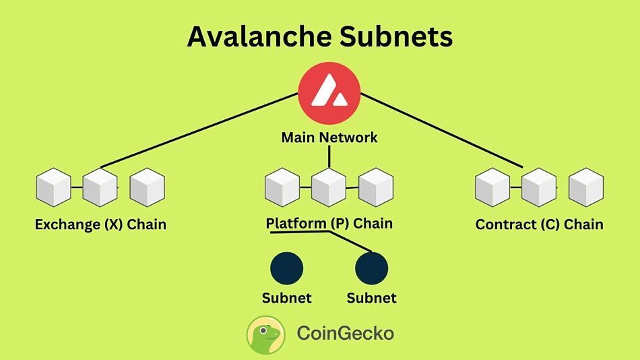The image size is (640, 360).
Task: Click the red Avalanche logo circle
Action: point(329,93)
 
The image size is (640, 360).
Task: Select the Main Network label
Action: point(329,138)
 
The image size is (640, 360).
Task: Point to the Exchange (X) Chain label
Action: point(100,224)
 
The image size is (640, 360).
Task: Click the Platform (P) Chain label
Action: point(329,223)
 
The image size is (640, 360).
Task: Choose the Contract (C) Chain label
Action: point(539,224)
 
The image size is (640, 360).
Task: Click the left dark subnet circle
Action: point(287,268)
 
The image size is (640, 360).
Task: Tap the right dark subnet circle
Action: point(372,268)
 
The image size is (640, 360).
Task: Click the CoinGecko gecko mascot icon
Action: point(266,334)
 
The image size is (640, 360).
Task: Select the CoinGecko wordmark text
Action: point(345,334)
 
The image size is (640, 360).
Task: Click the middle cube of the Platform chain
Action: point(329,187)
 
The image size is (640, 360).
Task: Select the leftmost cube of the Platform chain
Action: point(282,187)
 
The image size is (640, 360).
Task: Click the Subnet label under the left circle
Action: point(287,297)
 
